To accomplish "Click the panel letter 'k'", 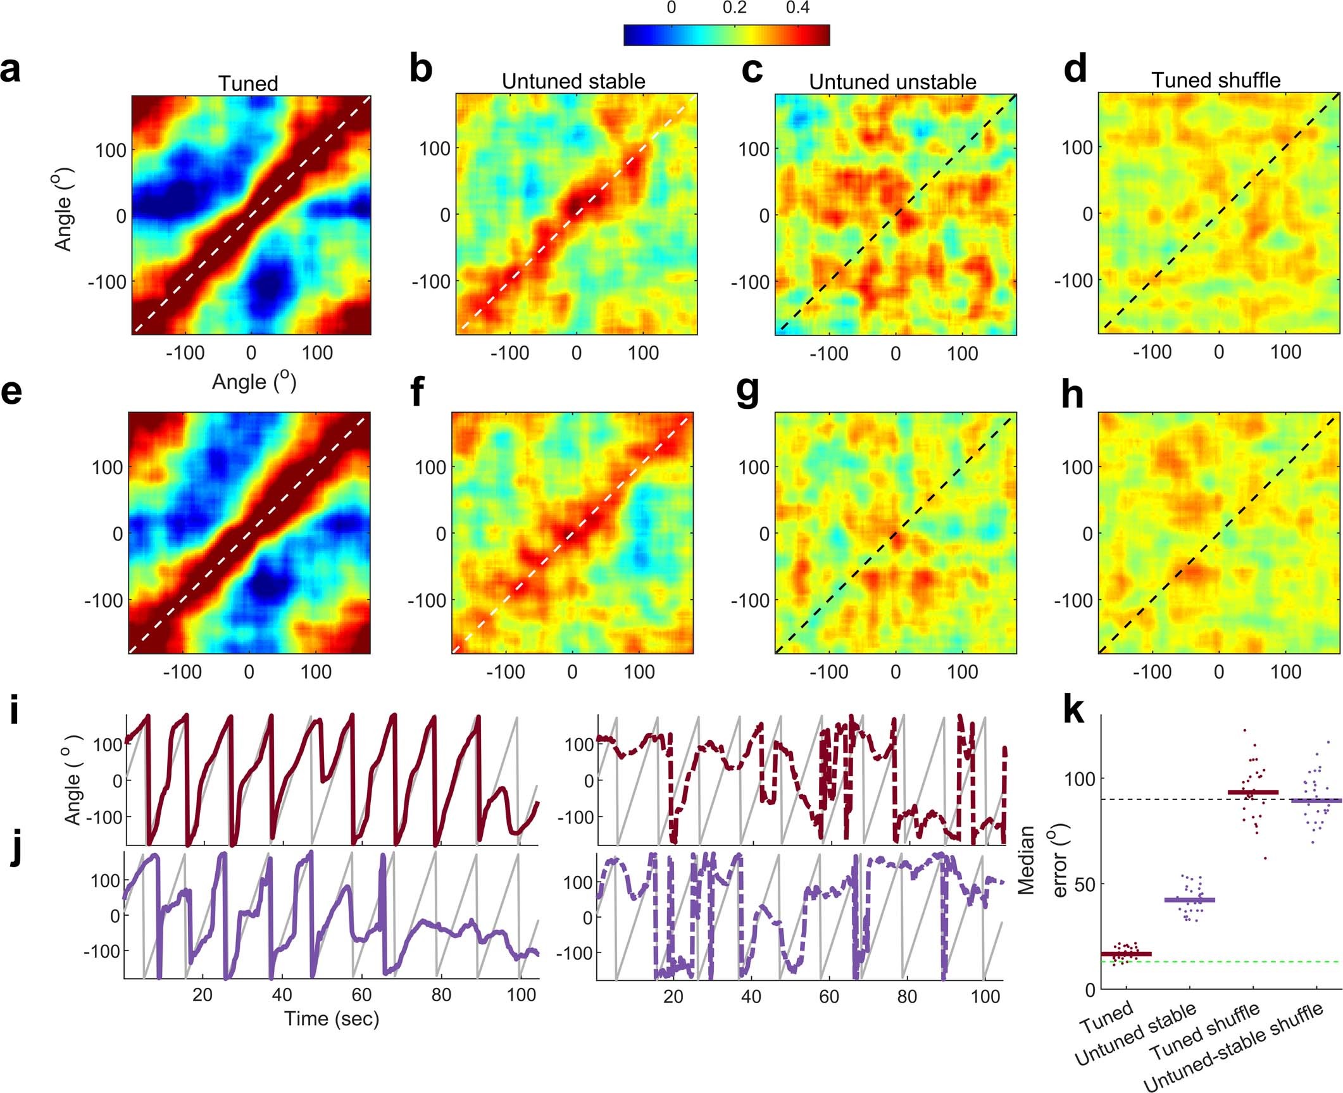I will tap(1073, 712).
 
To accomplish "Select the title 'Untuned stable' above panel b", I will tap(573, 82).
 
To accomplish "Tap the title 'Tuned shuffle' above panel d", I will tap(1216, 80).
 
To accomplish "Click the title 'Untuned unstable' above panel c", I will tap(892, 82).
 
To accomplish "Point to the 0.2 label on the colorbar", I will tap(734, 8).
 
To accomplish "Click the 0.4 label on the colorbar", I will tap(797, 8).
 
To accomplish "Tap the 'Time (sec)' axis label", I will tap(332, 1018).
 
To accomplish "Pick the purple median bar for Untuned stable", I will tap(1190, 900).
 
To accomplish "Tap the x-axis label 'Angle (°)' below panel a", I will tap(254, 382).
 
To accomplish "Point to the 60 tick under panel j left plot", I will tap(361, 995).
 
